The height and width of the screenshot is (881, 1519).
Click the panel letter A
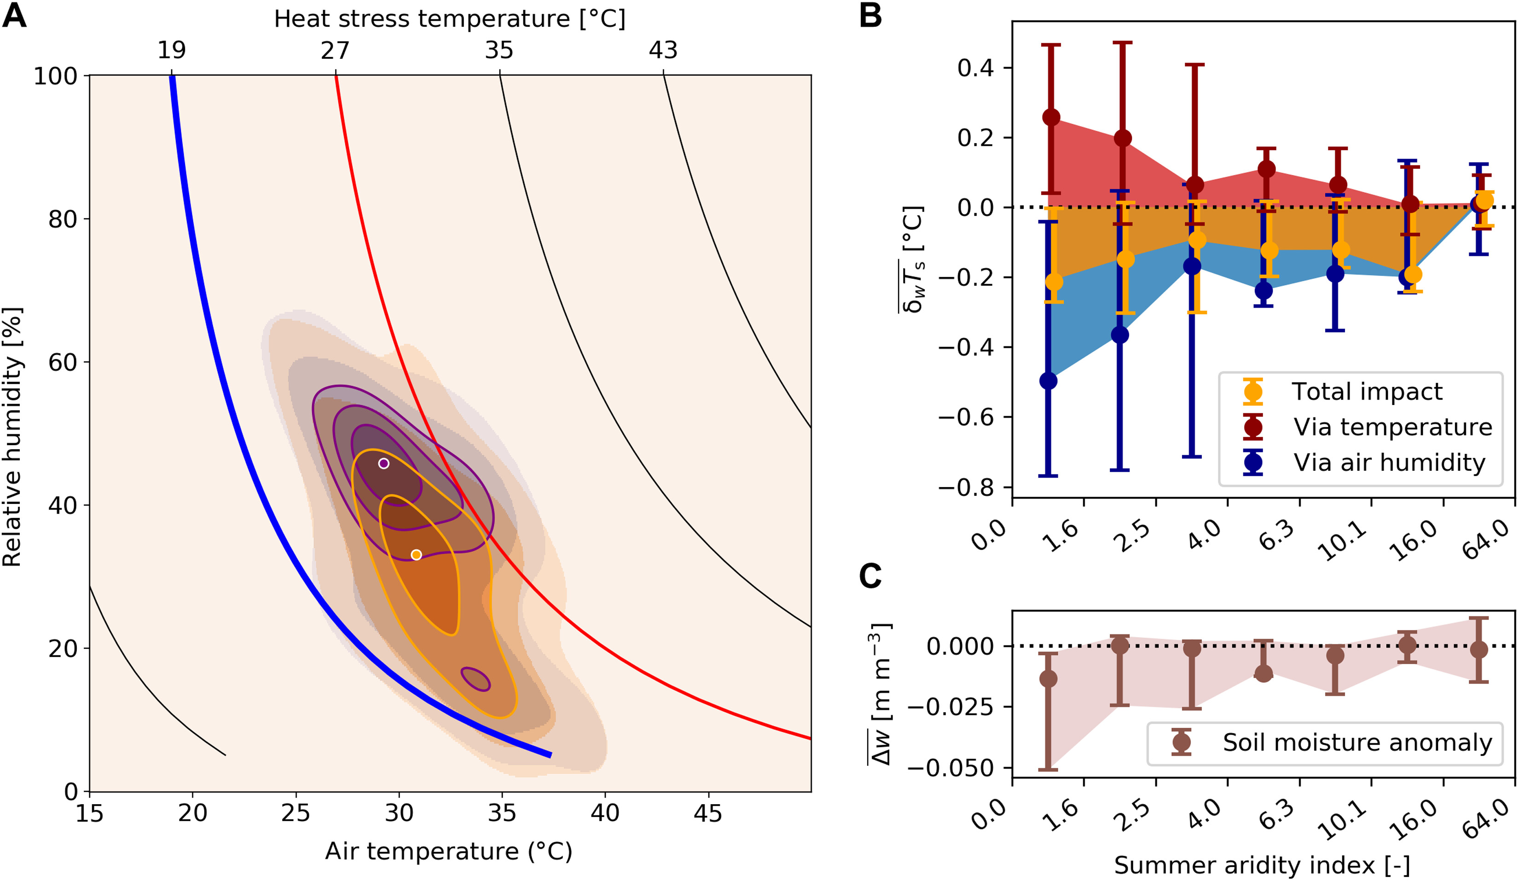coord(14,16)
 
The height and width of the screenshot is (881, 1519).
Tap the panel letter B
coord(870,16)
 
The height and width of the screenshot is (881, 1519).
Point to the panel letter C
coord(870,576)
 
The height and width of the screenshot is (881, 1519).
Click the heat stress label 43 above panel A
coord(663,50)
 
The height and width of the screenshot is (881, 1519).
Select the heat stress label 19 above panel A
coord(172,50)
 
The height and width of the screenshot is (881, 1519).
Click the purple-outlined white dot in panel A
coord(383,464)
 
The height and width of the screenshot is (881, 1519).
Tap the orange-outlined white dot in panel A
coord(416,554)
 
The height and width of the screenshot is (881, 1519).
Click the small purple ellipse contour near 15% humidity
coord(475,679)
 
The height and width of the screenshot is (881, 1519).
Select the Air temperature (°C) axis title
coord(448,852)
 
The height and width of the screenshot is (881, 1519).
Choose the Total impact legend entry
coord(1344,392)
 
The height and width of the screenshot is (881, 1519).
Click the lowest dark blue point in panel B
coord(1048,381)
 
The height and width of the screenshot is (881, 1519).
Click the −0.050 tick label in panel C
coord(950,768)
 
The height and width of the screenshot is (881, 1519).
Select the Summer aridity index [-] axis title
coord(1262,865)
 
